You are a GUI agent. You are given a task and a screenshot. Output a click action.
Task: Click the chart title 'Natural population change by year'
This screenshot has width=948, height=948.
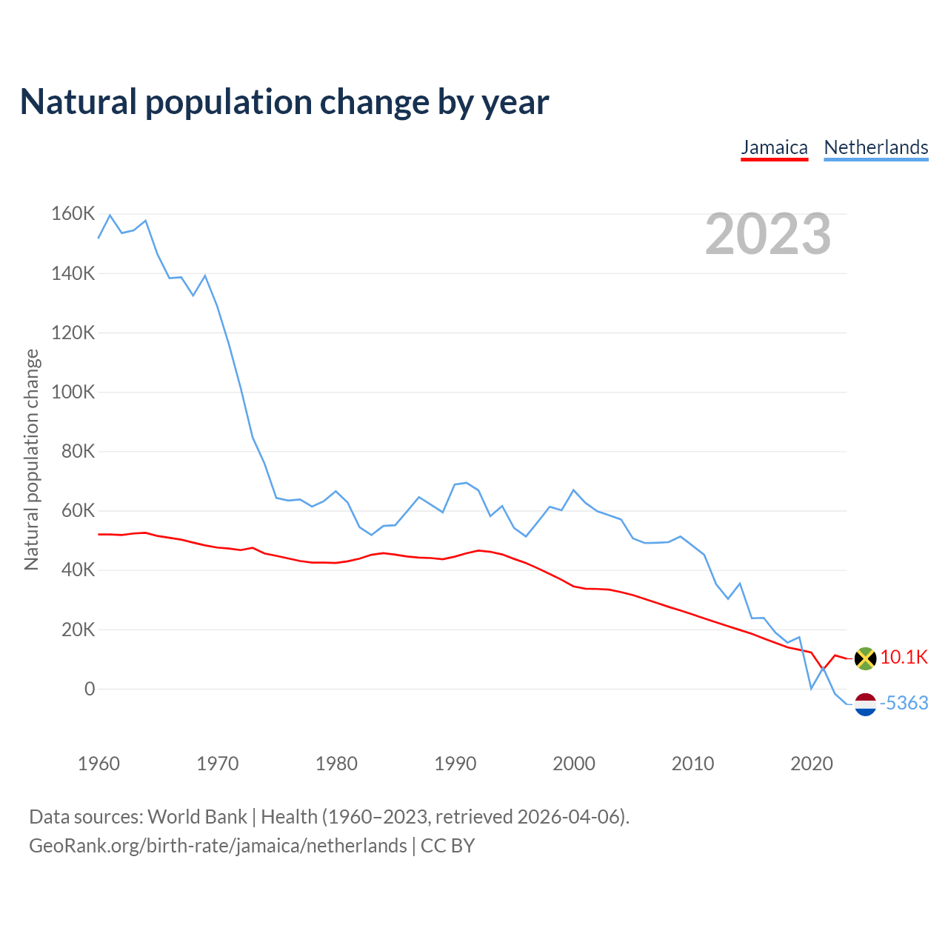284,102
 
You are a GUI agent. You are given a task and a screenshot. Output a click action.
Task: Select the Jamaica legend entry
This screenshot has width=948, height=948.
774,147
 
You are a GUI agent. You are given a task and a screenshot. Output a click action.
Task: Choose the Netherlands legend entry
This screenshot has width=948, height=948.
875,147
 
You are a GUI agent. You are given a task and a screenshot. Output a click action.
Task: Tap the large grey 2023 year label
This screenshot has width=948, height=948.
768,234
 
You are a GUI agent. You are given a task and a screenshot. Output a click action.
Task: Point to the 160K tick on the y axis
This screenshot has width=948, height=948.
73,214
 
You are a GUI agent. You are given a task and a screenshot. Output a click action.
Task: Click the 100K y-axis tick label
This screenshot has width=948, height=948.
73,392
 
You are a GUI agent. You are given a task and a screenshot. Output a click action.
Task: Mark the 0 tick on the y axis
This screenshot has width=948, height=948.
90,689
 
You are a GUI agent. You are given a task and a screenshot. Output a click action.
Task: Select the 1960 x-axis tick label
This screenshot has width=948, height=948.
99,764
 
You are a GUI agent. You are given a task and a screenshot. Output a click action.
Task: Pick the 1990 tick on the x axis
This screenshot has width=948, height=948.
455,764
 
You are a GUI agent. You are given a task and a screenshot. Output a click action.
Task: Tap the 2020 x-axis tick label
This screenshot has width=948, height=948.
811,764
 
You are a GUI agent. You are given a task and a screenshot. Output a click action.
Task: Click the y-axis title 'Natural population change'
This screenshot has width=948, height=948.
31,460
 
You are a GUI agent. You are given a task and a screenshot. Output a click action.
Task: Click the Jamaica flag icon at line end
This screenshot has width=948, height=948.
865,658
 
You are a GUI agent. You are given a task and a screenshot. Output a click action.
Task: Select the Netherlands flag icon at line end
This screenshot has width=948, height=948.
865,704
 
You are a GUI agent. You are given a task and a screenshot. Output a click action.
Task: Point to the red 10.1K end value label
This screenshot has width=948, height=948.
904,657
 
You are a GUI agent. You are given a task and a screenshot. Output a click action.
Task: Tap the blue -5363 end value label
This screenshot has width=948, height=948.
904,703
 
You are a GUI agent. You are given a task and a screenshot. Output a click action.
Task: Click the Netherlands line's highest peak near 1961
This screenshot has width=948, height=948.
110,216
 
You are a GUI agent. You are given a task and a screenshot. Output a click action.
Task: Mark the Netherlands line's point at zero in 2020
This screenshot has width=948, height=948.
811,689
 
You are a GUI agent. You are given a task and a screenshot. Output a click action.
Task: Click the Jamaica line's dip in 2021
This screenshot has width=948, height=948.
823,669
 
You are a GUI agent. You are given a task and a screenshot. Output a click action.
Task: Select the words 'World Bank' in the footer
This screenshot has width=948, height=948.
197,817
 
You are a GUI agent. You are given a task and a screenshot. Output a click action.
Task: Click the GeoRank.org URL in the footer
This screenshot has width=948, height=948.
218,846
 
